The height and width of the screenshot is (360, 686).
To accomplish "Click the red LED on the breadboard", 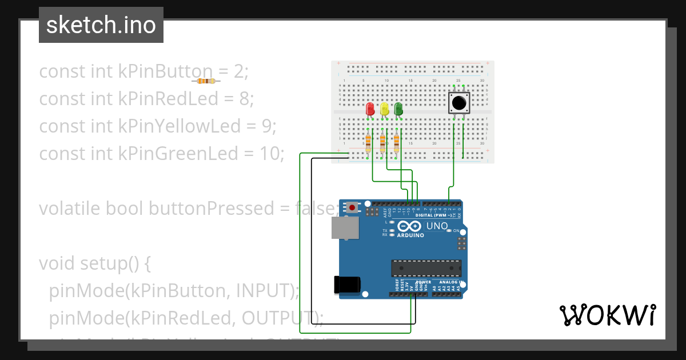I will (370, 109).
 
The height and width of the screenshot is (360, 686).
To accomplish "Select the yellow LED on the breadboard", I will (384, 109).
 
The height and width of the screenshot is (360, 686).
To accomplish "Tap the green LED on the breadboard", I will (398, 109).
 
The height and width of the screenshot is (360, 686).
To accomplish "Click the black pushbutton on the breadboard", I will (458, 103).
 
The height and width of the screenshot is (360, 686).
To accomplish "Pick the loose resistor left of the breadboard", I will (206, 81).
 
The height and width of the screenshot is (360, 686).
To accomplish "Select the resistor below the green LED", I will (397, 143).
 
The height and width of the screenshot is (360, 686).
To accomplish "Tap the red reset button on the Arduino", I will (353, 207).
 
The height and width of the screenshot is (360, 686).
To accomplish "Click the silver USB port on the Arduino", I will (345, 227).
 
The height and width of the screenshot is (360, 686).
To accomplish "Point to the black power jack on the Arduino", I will (347, 284).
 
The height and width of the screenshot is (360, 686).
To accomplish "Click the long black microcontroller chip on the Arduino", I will (426, 268).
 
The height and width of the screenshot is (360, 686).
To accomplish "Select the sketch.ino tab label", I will (101, 25).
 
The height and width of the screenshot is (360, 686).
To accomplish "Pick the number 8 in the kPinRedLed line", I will (244, 99).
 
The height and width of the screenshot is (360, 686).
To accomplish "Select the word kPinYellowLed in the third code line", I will (180, 126).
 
